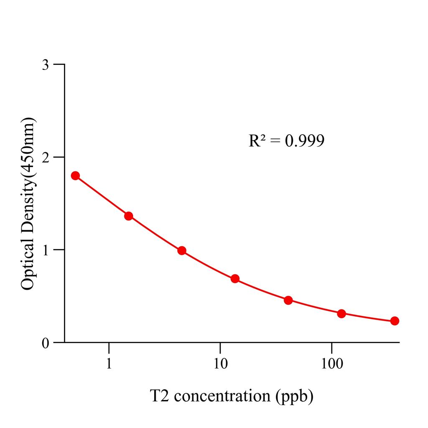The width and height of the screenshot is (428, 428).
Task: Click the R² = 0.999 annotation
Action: point(286,141)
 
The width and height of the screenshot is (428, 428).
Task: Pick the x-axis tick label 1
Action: point(109,364)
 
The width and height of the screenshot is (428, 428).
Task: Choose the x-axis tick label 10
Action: point(220,364)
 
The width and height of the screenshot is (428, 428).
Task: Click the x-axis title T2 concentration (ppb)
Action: point(232,396)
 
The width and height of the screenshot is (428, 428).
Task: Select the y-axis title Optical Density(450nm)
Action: point(28,204)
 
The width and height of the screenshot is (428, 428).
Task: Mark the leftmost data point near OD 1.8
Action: point(75,176)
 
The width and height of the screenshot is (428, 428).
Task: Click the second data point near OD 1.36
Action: point(129,216)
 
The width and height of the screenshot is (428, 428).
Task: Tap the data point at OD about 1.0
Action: point(182,251)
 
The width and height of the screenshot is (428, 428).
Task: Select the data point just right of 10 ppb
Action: point(235,279)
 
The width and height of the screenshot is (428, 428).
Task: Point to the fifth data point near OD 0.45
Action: point(288,301)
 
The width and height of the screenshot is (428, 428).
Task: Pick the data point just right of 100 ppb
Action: point(341,313)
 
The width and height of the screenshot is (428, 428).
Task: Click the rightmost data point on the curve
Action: point(395,321)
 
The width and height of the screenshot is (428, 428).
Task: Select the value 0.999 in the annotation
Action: point(304,141)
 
